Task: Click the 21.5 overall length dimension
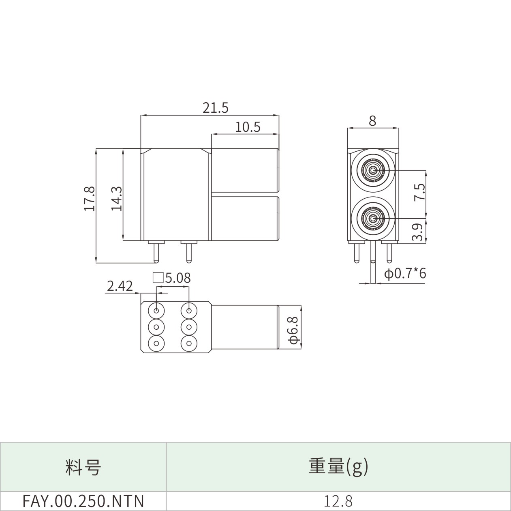pos(215,108)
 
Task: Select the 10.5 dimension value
pos(248,127)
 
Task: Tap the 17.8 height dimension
pos(90,199)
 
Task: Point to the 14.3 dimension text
pos(116,199)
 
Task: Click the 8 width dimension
pos(372,121)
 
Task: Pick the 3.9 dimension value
pos(418,232)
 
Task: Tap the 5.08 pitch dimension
pos(178,278)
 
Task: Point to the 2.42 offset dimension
pos(120,286)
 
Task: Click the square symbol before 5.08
pos(158,278)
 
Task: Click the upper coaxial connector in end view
pos(373,170)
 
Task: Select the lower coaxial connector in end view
pos(373,219)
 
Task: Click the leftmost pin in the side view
pos(156,253)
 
